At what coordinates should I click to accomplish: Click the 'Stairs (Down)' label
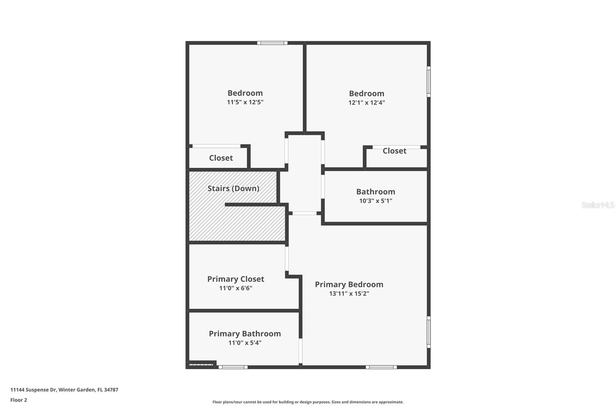click(x=233, y=188)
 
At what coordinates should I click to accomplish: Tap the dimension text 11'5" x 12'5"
click(x=245, y=102)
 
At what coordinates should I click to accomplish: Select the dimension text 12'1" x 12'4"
click(x=367, y=103)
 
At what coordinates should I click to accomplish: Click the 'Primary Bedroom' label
click(x=349, y=285)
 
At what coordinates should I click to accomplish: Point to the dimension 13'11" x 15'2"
click(x=349, y=293)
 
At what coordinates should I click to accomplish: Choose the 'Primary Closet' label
click(x=236, y=279)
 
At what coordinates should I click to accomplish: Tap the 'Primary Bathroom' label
click(x=245, y=334)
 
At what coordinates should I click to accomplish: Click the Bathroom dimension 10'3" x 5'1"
click(x=375, y=201)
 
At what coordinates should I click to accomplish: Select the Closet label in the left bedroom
click(x=221, y=158)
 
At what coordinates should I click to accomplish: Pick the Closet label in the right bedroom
click(x=394, y=151)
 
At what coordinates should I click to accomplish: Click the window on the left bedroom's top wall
click(x=272, y=43)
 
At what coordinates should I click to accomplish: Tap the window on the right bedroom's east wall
click(x=429, y=82)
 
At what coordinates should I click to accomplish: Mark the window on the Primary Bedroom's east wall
click(x=429, y=332)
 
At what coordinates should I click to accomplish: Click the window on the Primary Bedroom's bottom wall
click(x=381, y=367)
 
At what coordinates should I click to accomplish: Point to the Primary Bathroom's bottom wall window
click(x=233, y=367)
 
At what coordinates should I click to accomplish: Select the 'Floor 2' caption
click(x=18, y=400)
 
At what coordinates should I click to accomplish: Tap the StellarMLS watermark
click(x=598, y=205)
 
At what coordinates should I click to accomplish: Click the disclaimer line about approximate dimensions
click(x=308, y=402)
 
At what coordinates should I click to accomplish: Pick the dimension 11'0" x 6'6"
click(x=236, y=288)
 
